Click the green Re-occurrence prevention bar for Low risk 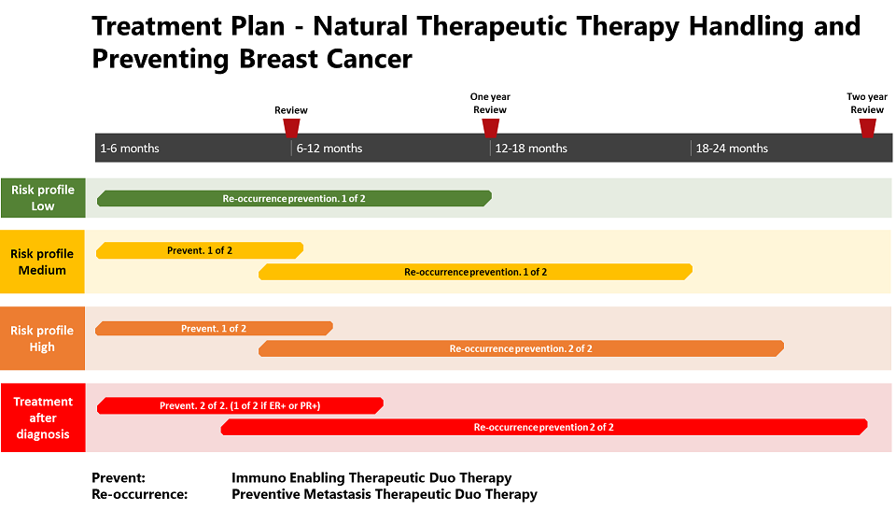[294, 198]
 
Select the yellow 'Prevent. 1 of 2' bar [200, 250]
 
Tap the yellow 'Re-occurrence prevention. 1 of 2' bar [475, 272]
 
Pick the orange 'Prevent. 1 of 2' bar [214, 328]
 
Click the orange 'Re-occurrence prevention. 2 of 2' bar [521, 348]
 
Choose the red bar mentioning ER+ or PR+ [240, 405]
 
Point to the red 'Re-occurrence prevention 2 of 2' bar [544, 427]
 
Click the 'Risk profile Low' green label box [43, 198]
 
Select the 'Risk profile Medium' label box [42, 262]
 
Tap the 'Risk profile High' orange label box [42, 338]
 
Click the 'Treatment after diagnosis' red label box [43, 418]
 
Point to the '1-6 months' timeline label [130, 149]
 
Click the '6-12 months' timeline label [329, 149]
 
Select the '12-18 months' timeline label [531, 149]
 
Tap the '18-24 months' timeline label [732, 149]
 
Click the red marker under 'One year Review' [490, 127]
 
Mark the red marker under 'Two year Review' [867, 127]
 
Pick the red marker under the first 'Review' [291, 127]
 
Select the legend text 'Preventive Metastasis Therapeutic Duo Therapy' [384, 494]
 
